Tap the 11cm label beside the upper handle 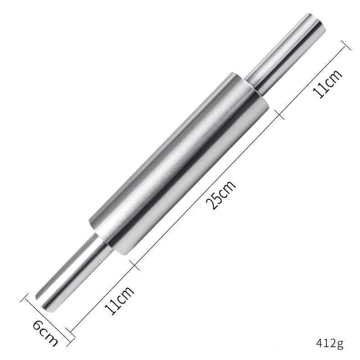[x=327, y=84]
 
